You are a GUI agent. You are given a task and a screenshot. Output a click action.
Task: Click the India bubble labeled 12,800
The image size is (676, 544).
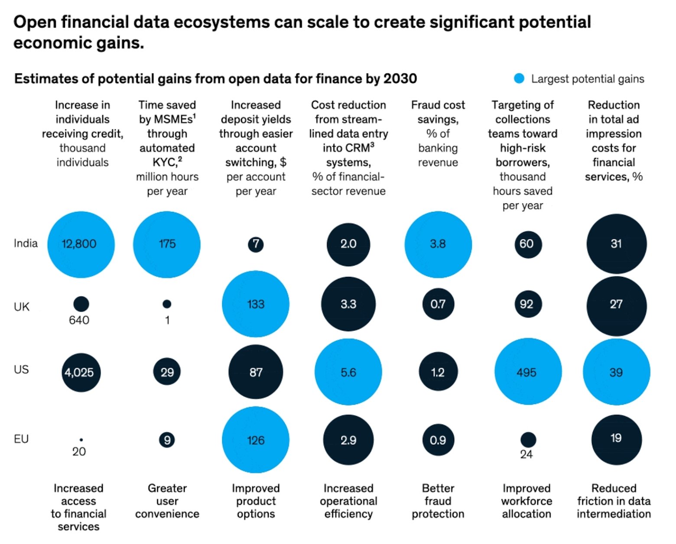81,244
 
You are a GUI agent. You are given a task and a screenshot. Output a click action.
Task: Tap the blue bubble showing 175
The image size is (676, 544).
167,244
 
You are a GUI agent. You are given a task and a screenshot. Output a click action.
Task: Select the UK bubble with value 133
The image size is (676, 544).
256,304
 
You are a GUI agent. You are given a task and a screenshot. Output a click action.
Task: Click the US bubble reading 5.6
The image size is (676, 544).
348,372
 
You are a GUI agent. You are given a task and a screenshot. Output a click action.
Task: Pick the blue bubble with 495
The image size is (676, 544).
528,372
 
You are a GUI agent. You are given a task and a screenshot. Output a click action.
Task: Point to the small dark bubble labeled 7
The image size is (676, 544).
256,244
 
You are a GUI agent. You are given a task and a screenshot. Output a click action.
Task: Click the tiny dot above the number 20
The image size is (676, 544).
81,440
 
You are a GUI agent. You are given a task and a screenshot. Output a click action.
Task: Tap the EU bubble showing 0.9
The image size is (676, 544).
438,440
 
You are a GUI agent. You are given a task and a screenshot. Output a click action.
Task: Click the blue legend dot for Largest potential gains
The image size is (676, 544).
519,79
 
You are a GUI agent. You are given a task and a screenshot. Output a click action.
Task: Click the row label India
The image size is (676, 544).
26,243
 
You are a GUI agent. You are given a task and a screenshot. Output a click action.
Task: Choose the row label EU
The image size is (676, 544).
21,439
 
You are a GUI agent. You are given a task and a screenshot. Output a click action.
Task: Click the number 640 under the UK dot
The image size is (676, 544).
79,321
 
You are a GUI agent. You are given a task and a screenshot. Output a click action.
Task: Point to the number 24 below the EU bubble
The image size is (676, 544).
526,454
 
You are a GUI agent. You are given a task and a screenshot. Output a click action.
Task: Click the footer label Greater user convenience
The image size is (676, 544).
167,501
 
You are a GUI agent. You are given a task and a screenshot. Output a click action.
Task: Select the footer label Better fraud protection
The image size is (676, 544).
438,501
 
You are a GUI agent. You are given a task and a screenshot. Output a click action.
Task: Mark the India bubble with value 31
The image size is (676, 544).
616,244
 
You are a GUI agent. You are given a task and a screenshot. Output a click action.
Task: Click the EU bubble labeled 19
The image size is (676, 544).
616,439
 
